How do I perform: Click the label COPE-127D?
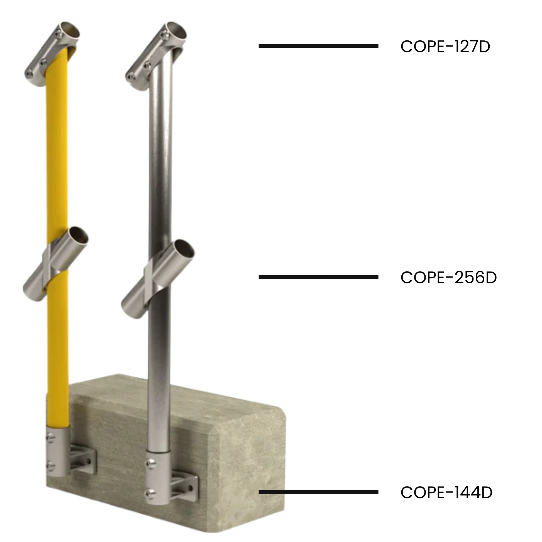point(445,47)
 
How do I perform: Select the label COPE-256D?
point(449,277)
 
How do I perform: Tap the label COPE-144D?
point(446,492)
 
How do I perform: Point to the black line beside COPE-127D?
point(318,46)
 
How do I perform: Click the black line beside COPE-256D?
point(318,277)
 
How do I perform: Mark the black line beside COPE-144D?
point(318,492)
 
